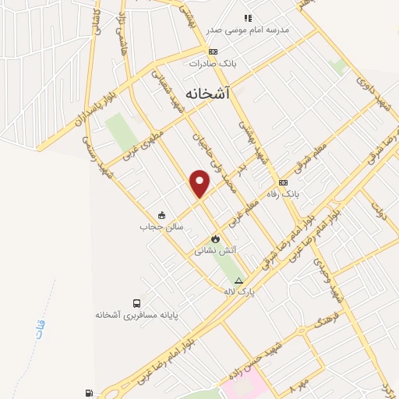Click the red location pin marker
point(200,182)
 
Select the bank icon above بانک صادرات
point(203,51)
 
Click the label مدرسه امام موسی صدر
point(247,30)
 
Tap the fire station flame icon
point(215,238)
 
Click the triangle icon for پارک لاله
point(238,281)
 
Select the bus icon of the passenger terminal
point(137,303)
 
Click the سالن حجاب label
point(161,227)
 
